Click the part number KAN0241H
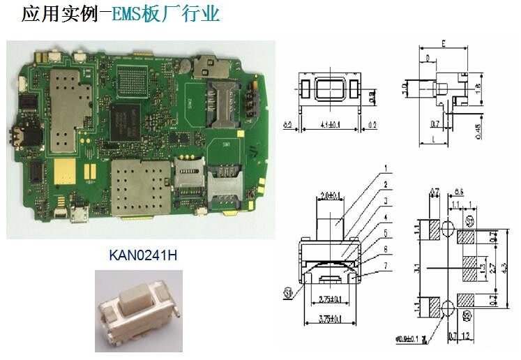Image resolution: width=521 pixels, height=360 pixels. (x=143, y=255)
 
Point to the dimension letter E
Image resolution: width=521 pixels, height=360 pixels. (x=443, y=44)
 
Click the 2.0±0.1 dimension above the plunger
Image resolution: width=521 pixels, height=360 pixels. (x=329, y=194)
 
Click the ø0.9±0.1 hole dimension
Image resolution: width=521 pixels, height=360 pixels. (x=409, y=339)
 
